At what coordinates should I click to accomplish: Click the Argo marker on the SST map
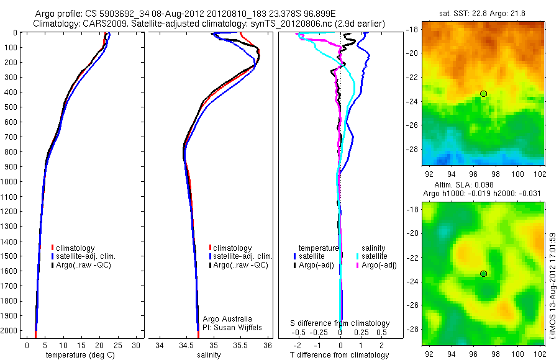point(483,94)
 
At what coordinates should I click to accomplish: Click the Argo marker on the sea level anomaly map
point(483,274)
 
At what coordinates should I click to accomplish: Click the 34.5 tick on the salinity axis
point(186,345)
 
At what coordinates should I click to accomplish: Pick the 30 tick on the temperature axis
point(137,345)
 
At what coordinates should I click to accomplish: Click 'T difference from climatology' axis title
point(340,355)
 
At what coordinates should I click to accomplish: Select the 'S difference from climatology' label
point(340,323)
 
